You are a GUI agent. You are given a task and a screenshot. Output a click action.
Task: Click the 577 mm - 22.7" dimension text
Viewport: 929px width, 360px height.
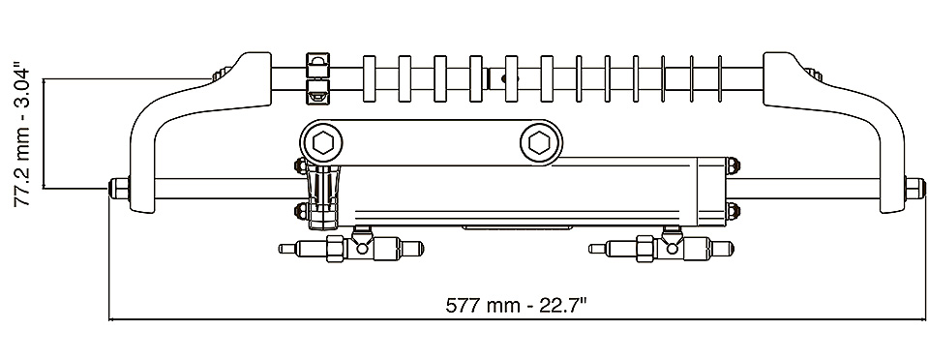(x=516, y=306)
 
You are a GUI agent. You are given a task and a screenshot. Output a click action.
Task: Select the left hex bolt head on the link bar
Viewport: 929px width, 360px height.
(x=323, y=142)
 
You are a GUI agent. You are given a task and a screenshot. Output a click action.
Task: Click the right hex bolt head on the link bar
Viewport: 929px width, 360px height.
(x=539, y=142)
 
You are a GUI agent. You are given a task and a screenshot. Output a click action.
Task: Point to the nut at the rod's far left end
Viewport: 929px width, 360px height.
(x=120, y=189)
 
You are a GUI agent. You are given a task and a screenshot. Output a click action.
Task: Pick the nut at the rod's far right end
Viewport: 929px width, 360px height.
(x=915, y=189)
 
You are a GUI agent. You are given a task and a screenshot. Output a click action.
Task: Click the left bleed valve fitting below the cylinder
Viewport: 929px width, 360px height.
(x=351, y=247)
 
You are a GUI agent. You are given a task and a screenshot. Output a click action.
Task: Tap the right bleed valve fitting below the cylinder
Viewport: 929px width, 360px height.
(x=661, y=247)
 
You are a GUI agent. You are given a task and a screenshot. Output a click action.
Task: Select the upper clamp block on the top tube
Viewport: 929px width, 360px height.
(x=317, y=64)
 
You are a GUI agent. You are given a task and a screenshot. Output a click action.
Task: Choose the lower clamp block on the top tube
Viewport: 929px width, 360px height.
(x=317, y=93)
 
